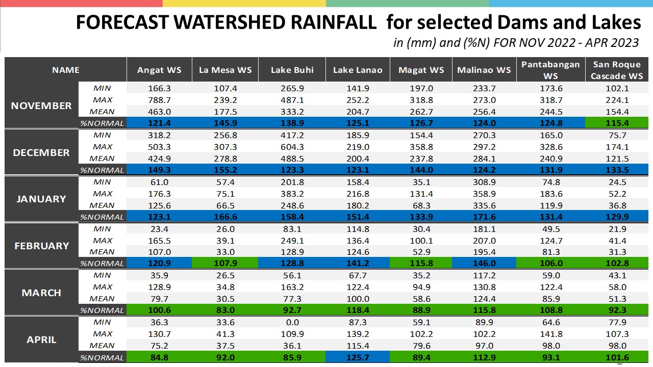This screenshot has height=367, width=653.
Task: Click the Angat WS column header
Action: (159, 70)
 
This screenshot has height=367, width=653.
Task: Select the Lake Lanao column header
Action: (358, 70)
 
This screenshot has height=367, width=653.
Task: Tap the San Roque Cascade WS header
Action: (617, 70)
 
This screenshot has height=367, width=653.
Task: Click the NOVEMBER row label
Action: (41, 106)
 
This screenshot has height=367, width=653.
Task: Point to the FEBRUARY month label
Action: (42, 246)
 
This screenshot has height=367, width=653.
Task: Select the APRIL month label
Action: (41, 339)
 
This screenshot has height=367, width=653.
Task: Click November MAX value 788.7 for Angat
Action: (159, 100)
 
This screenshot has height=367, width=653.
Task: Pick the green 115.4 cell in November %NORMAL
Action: (617, 123)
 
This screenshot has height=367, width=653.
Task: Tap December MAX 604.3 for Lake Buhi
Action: (292, 147)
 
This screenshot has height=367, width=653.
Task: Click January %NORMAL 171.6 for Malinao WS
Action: (484, 217)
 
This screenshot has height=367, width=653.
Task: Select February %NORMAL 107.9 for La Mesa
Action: (225, 263)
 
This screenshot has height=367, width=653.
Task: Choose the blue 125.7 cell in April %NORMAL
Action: (358, 357)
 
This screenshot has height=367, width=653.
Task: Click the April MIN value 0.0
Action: (292, 322)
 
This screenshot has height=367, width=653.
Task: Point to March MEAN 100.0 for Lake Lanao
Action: (358, 299)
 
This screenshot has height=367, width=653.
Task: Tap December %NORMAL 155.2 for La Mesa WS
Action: (225, 170)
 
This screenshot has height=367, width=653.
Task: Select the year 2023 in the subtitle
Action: (624, 43)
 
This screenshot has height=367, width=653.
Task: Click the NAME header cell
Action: (66, 70)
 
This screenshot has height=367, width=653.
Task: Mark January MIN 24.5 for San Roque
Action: (617, 182)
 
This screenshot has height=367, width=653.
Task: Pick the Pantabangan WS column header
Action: (550, 70)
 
